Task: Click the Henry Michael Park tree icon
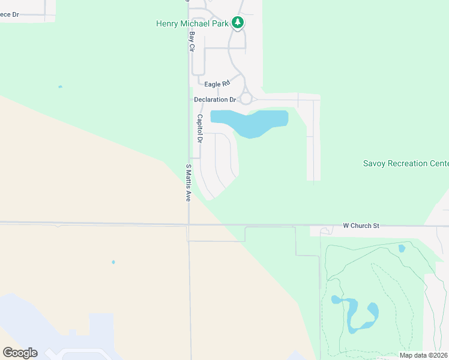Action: coord(238,23)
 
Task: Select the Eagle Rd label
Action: coord(217,85)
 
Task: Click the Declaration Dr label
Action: coord(214,100)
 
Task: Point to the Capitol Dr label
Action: coord(200,128)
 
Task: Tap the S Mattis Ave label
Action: coord(188,182)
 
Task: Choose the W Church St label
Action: coord(361,226)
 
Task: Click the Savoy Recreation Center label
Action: coord(406,163)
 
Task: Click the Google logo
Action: coord(20,353)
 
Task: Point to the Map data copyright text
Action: coord(423,355)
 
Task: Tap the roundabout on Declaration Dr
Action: coord(246,99)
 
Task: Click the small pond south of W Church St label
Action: coord(402,248)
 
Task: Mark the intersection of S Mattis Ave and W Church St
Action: coord(188,224)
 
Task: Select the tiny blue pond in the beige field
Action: coord(113,262)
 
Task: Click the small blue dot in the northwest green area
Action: coord(60,87)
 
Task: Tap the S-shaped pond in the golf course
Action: coord(358,313)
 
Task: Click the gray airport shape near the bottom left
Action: coord(72,342)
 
